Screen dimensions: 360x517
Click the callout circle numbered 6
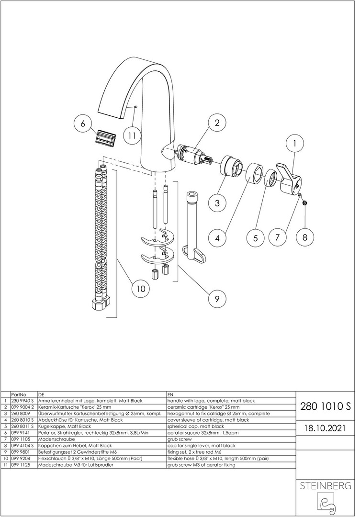[x=83, y=124]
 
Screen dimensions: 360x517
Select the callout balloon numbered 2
[x=217, y=123]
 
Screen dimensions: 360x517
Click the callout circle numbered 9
[x=217, y=299]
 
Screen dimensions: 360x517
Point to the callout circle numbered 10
[x=141, y=289]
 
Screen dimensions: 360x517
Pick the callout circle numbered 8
[x=304, y=237]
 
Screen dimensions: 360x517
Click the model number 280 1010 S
[x=326, y=406]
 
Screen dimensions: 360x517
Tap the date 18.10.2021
[x=326, y=428]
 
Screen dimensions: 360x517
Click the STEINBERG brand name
[x=326, y=486]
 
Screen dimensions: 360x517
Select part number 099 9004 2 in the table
[x=22, y=407]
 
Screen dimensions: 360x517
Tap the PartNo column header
[x=19, y=394]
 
